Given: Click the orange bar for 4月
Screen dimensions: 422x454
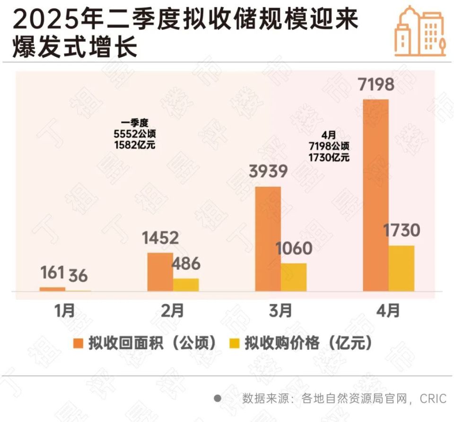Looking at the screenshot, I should tap(375, 195).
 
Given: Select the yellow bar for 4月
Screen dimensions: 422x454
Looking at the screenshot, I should tap(402, 268).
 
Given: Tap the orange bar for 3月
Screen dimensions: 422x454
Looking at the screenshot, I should tap(268, 238).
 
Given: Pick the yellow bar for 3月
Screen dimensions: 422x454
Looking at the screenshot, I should tap(294, 277).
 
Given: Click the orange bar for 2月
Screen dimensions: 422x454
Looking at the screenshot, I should tap(160, 272).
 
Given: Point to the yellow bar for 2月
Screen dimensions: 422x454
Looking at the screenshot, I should tap(186, 284).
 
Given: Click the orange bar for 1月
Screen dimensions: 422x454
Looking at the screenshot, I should tap(52, 289).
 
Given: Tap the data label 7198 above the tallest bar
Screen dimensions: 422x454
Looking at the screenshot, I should tap(375, 86).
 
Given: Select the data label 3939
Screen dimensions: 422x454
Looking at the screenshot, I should tap(268, 171).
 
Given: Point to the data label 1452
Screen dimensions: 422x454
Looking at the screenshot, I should tap(160, 238).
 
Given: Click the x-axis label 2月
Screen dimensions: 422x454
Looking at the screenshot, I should tap(173, 311).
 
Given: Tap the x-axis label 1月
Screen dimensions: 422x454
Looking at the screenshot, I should tap(65, 311).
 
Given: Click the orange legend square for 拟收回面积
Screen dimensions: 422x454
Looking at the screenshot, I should tap(79, 343).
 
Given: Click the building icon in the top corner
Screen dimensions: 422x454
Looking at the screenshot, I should tap(419, 31).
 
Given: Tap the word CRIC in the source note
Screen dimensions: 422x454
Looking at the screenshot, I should tap(433, 399).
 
